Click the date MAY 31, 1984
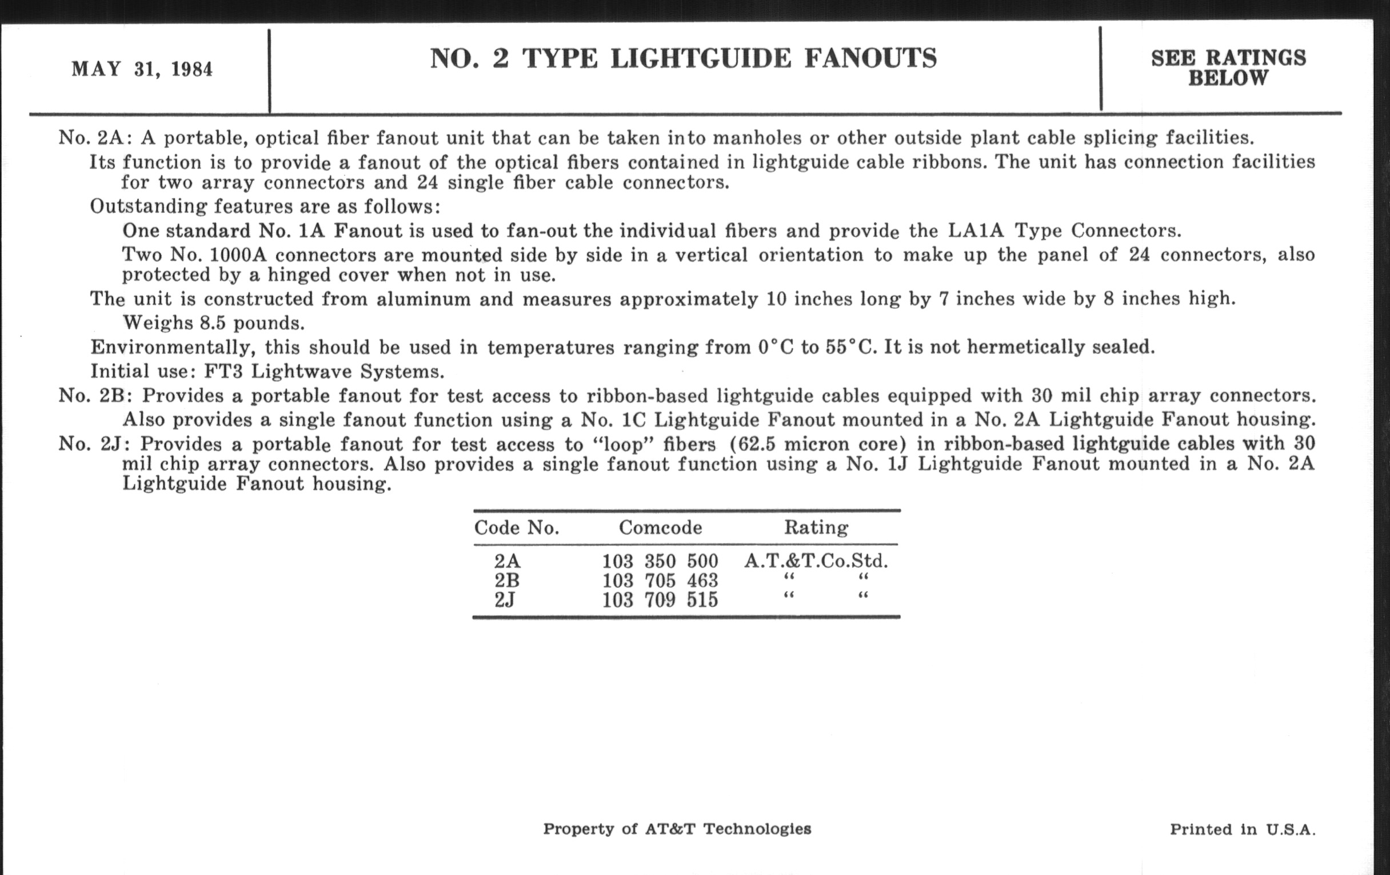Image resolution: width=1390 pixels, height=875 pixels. (x=142, y=69)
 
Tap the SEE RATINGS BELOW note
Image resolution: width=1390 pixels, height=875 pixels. (x=1228, y=67)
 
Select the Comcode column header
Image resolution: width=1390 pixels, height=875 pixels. (x=660, y=527)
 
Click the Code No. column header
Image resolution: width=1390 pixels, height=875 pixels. (x=517, y=527)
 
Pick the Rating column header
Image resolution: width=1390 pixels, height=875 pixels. (x=816, y=527)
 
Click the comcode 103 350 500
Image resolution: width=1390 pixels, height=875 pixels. (x=660, y=561)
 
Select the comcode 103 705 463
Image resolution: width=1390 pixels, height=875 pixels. (x=660, y=580)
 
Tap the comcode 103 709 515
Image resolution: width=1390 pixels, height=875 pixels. (x=660, y=600)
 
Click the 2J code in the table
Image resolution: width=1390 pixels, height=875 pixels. (x=505, y=600)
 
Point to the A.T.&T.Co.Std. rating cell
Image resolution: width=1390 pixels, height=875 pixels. (x=816, y=561)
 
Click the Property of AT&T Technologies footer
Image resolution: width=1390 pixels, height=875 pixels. (x=677, y=829)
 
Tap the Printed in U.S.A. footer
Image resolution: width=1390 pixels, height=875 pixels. (x=1242, y=829)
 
